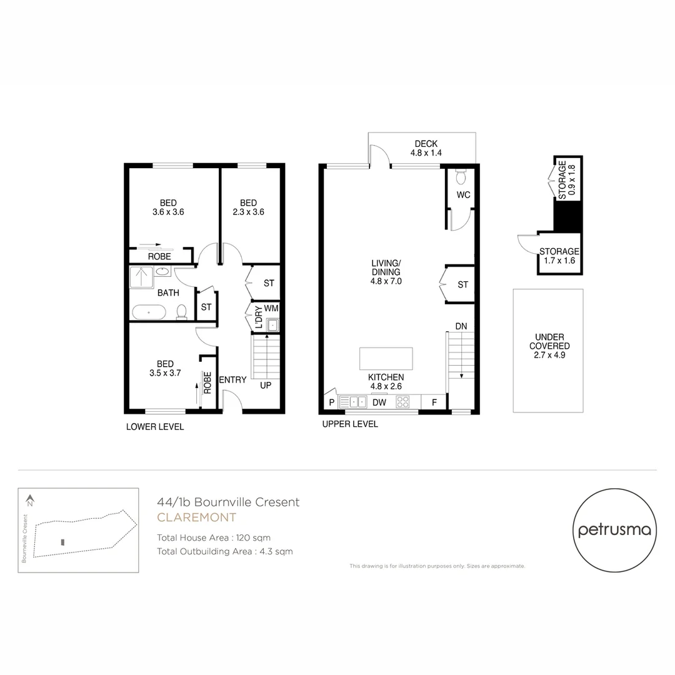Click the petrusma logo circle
tap(614, 530)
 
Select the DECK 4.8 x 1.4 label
tap(425, 148)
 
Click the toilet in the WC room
tap(462, 177)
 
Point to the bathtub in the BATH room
tap(149, 312)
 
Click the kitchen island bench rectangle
tap(386, 359)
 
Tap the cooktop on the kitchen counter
tap(402, 402)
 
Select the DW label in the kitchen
tap(379, 403)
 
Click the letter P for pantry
tap(330, 403)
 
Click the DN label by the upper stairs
tap(461, 326)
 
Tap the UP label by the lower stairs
tap(266, 386)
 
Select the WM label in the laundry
tap(271, 308)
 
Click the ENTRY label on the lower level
tap(232, 380)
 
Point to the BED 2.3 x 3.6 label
tap(248, 207)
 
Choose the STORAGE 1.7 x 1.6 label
tap(559, 256)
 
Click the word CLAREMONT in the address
tap(196, 517)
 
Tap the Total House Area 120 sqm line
tap(214, 537)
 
